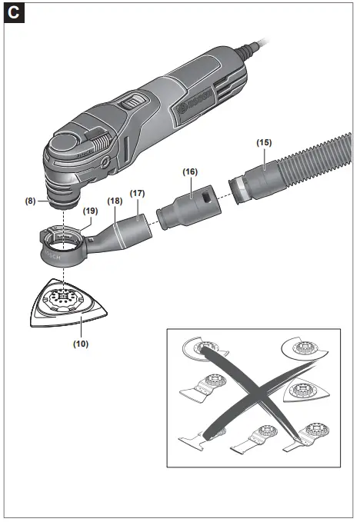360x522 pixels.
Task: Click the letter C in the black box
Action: (x=13, y=13)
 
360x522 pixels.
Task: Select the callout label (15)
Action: (x=264, y=142)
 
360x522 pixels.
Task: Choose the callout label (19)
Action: (x=90, y=210)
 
